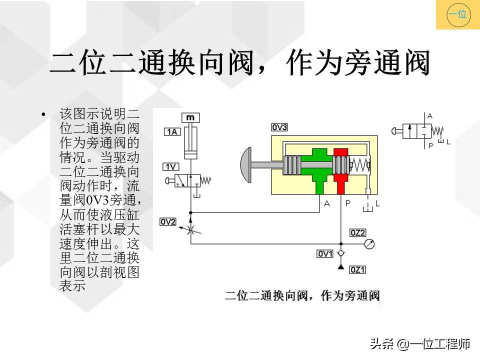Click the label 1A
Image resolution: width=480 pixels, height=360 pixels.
(x=172, y=132)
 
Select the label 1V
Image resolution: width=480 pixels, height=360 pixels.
(x=171, y=166)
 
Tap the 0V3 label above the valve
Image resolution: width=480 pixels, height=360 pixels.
(x=279, y=127)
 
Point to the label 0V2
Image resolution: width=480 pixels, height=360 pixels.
(x=168, y=221)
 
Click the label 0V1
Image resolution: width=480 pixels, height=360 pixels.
(x=325, y=254)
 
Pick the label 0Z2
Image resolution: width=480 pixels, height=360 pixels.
(x=358, y=232)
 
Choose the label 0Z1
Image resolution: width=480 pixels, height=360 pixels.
(x=358, y=270)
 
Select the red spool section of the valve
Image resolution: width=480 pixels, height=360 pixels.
(x=341, y=170)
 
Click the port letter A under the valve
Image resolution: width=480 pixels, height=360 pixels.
(x=326, y=203)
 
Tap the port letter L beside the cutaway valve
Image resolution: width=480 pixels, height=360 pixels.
(x=377, y=203)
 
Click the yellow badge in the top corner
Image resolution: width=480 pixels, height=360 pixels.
(x=457, y=14)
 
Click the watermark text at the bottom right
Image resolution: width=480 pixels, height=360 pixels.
(x=419, y=344)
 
